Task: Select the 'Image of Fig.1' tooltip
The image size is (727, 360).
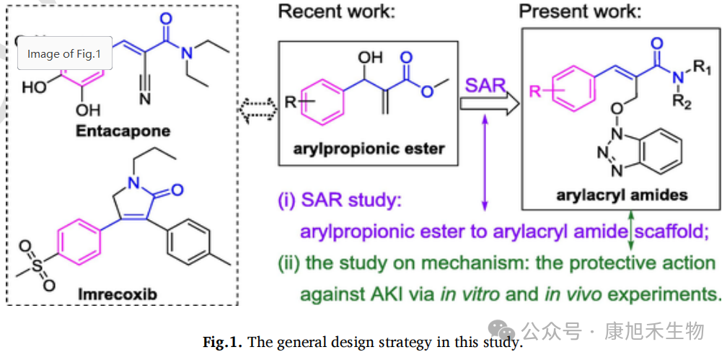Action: pyautogui.click(x=64, y=53)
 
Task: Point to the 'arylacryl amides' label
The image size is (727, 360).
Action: pyautogui.click(x=622, y=194)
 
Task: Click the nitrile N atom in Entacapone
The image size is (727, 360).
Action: pyautogui.click(x=145, y=98)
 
